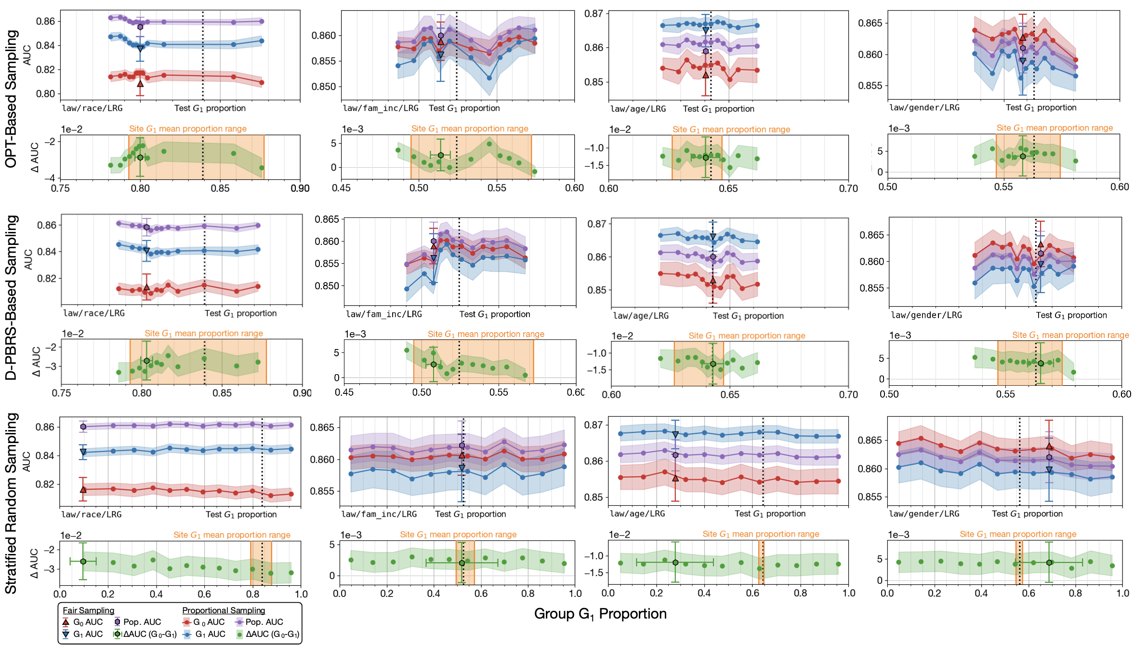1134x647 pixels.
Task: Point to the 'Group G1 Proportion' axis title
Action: coord(600,614)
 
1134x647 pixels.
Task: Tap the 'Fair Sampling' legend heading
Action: coord(89,610)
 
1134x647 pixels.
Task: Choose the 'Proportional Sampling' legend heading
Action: coord(224,610)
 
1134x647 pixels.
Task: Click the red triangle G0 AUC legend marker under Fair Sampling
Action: coord(66,622)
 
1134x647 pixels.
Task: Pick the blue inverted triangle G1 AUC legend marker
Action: coord(66,634)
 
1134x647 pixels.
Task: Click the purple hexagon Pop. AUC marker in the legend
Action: coord(117,622)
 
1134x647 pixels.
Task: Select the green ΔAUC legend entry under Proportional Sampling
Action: coord(239,634)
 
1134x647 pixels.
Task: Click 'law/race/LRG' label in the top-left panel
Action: coord(92,108)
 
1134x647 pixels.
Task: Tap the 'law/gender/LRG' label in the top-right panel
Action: coord(924,108)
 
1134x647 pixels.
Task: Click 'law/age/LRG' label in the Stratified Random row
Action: coord(637,513)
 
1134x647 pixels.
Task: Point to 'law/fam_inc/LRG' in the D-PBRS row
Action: coord(384,314)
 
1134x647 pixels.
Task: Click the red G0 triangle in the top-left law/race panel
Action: coord(140,84)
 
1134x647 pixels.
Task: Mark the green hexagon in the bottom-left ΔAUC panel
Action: coord(83,561)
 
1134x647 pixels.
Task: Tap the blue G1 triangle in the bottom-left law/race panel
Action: coord(83,452)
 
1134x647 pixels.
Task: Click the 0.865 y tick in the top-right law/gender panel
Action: coord(870,23)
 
